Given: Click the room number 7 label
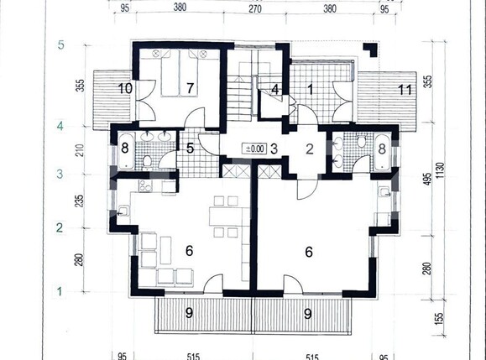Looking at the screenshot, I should pos(191,87).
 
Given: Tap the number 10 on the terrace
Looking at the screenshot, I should pos(125,87).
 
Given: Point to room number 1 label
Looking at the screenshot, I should pos(309,87).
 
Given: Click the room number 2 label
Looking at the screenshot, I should pos(309,150).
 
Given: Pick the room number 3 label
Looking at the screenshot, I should pos(274,149).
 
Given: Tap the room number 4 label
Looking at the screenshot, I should pos(274,88).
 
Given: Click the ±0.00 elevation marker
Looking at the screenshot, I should pos(253,149).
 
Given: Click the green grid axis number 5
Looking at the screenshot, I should pos(60,44).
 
